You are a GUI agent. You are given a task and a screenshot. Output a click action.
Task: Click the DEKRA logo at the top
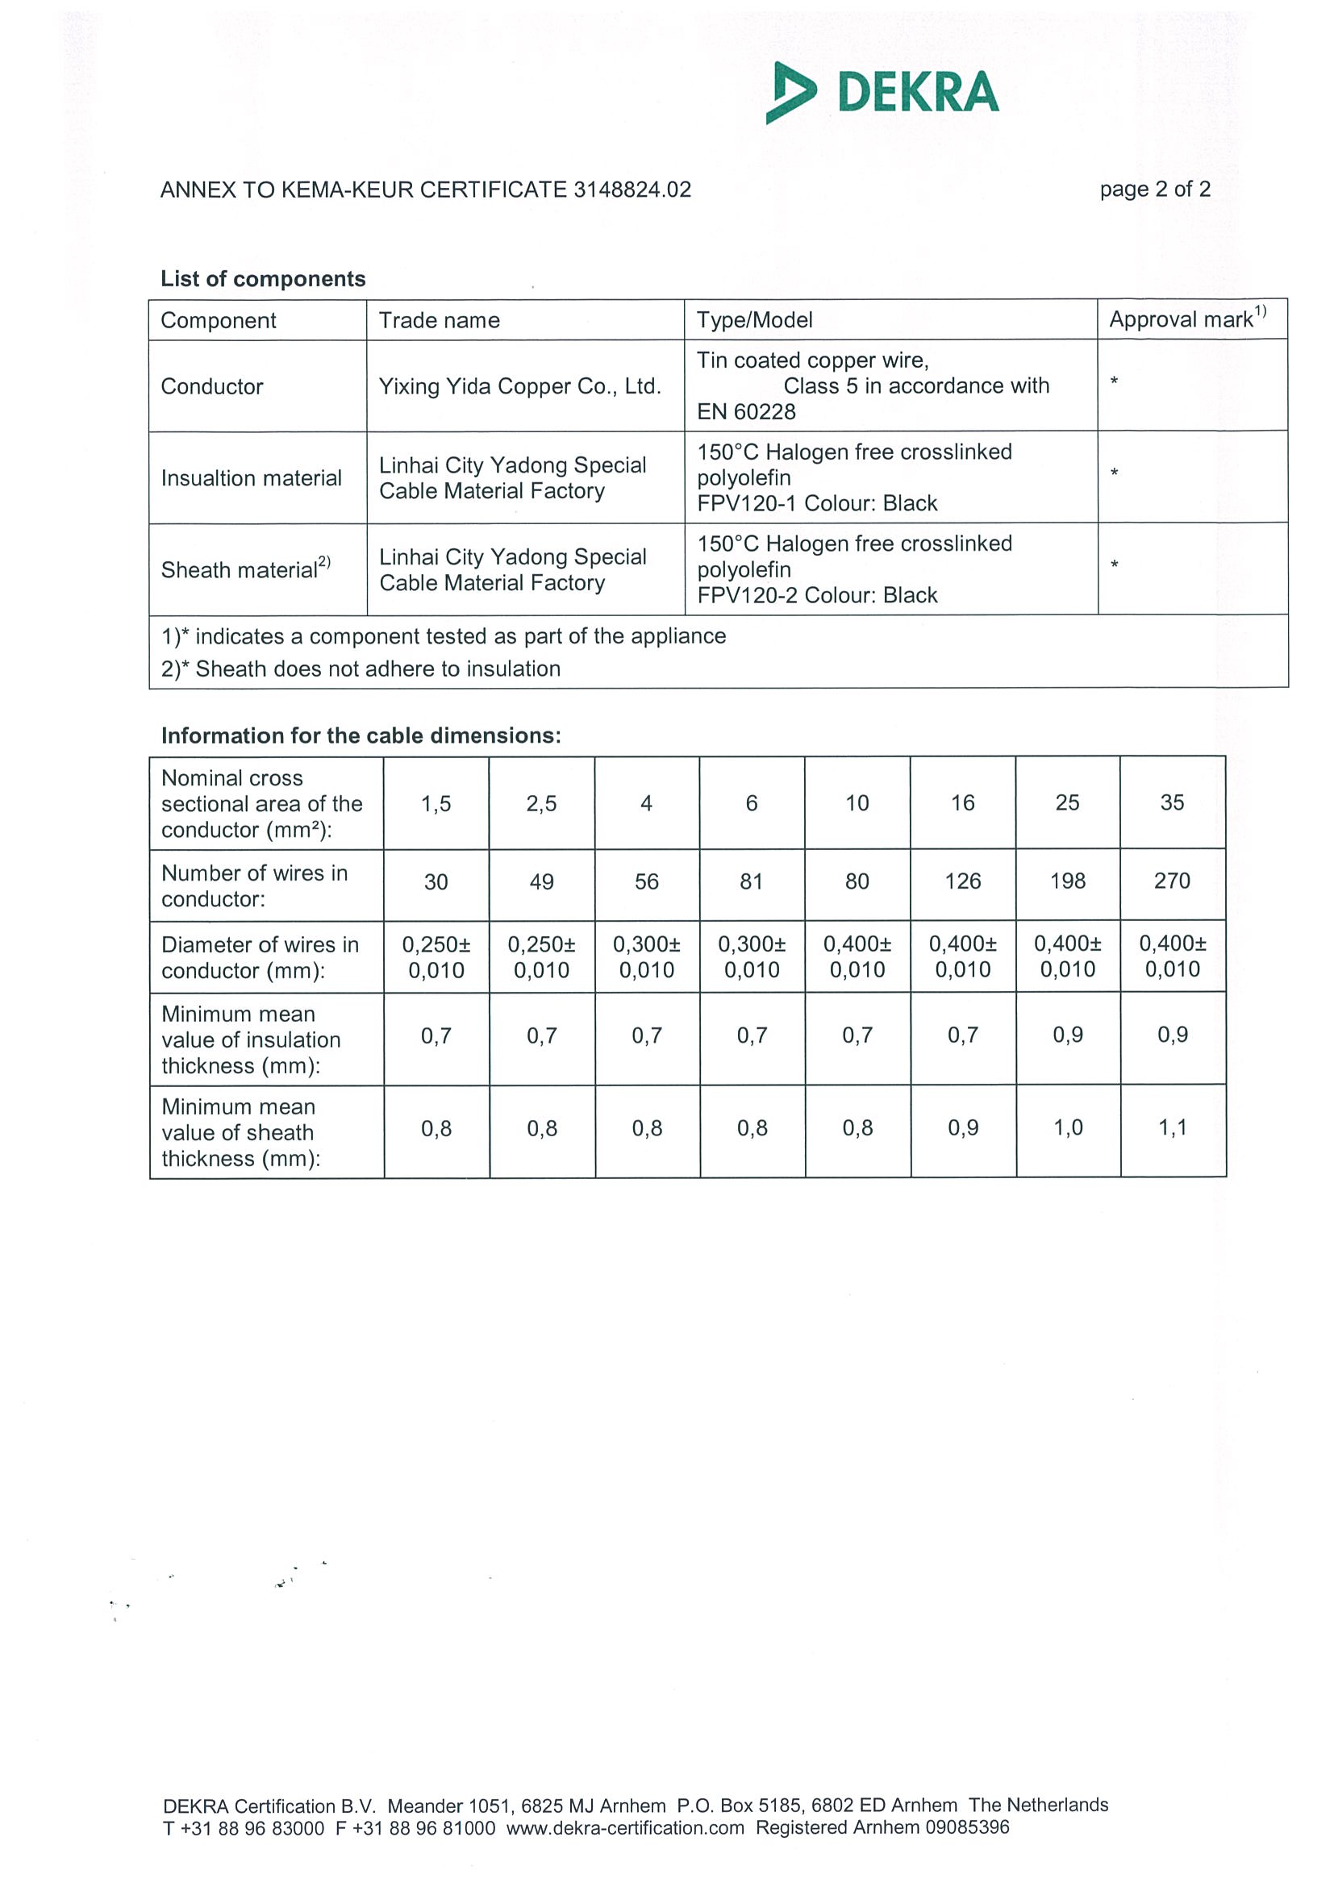[882, 92]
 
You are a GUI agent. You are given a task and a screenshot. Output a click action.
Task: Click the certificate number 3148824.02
[632, 190]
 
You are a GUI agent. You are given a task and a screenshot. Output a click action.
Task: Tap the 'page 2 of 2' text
[1154, 189]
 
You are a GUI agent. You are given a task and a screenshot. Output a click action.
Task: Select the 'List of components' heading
[263, 280]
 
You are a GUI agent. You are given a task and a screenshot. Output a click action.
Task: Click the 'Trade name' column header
[439, 320]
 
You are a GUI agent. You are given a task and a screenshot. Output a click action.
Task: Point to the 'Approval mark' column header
[1187, 319]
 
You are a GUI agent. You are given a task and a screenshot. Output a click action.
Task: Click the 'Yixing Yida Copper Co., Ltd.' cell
[519, 386]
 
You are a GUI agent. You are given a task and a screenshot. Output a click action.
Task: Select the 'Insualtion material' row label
[251, 478]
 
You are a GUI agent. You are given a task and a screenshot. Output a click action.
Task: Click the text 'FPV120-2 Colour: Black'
[817, 595]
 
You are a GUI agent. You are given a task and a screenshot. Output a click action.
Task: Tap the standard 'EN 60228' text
[746, 412]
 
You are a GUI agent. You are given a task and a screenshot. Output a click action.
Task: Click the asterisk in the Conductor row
[1114, 381]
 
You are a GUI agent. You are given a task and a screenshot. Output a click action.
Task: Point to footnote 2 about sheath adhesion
[361, 669]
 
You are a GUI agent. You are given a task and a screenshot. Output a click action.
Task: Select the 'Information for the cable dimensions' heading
[361, 735]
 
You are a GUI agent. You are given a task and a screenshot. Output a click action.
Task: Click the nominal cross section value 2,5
[541, 803]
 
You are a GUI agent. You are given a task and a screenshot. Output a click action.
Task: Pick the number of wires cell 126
[962, 881]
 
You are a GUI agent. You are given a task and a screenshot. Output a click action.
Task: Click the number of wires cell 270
[1172, 881]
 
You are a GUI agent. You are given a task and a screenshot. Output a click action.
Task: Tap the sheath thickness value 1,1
[1172, 1127]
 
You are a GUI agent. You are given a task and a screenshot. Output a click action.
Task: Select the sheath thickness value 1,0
[1068, 1127]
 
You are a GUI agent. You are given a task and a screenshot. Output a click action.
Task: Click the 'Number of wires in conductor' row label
[254, 886]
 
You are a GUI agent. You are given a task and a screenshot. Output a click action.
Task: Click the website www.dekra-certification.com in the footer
[625, 1828]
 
